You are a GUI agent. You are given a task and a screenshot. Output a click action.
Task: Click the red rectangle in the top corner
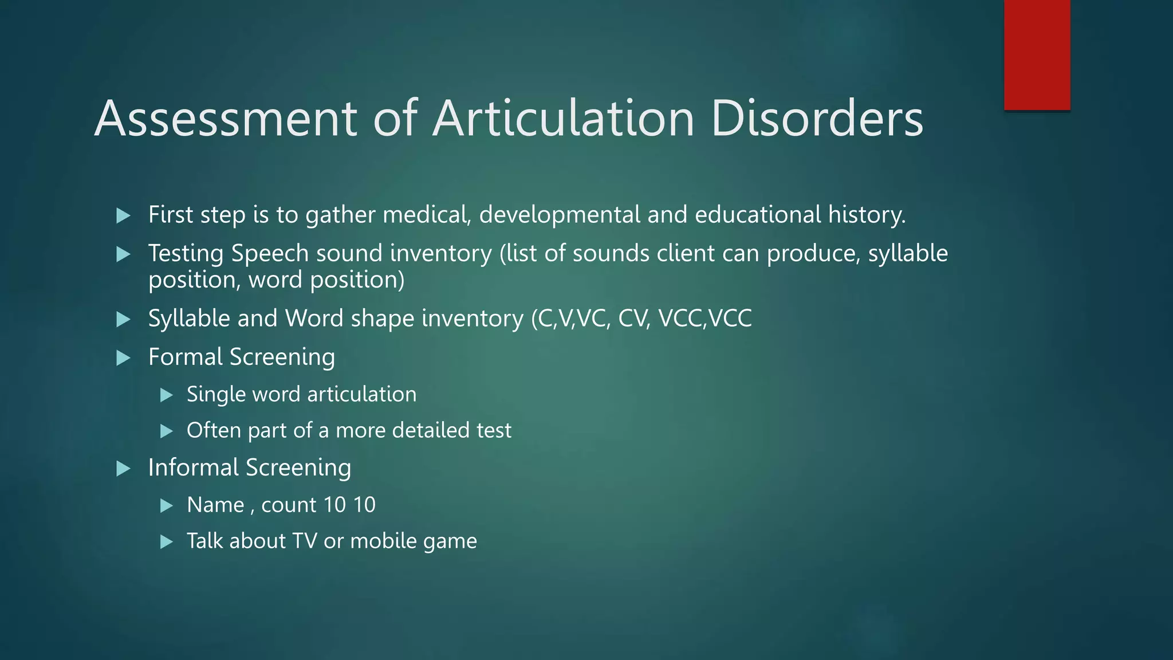(1037, 54)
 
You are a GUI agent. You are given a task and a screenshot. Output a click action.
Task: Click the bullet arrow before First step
(123, 216)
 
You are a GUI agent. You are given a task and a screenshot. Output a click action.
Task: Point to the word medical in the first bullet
(427, 215)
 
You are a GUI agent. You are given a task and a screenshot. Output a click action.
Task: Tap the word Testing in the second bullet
(186, 253)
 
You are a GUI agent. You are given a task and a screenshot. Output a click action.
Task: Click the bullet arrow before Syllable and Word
(123, 320)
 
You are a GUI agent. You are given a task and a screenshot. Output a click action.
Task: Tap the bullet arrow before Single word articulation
(167, 395)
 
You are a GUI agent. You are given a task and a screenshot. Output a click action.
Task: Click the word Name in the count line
(215, 505)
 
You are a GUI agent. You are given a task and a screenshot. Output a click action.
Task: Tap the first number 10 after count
(334, 505)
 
